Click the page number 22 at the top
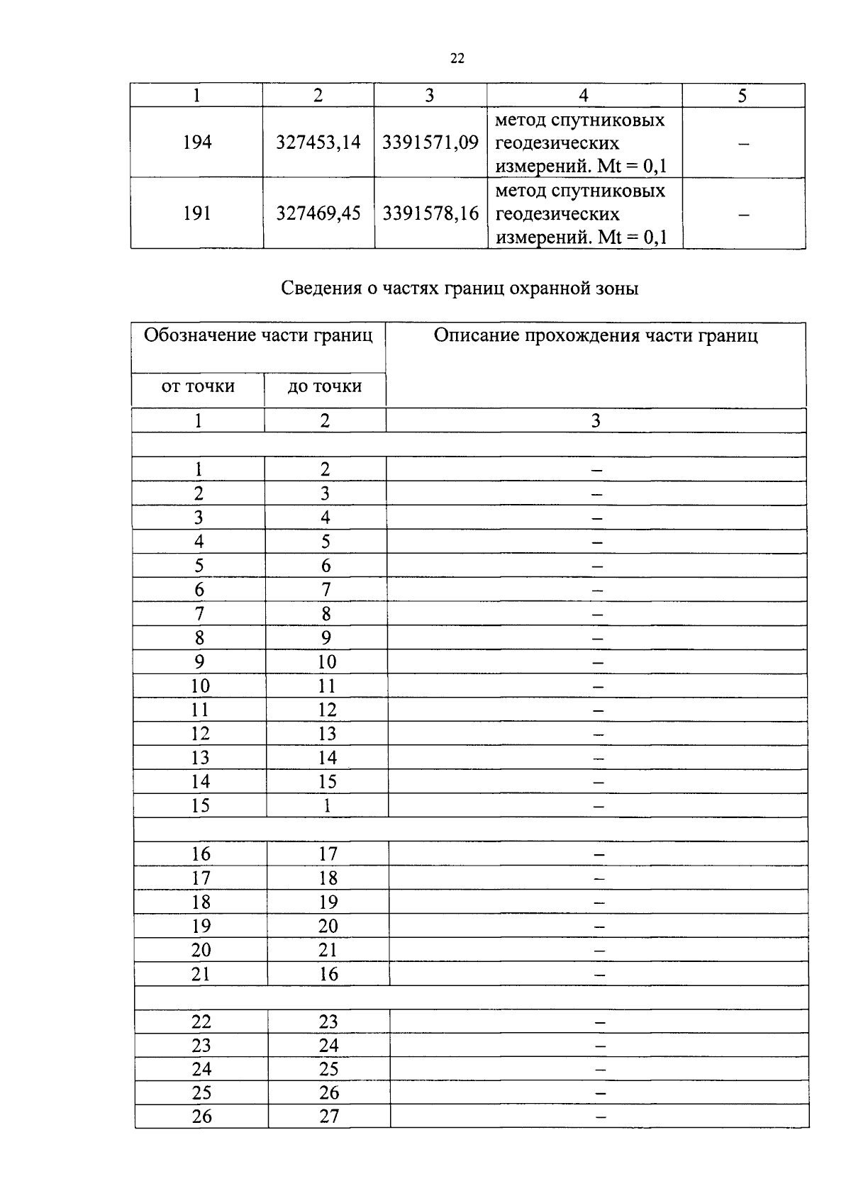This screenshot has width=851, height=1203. pos(457,59)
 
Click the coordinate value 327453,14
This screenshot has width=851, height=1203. pos(318,142)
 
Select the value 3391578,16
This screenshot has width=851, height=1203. pos(430,213)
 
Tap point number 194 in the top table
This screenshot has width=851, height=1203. pos(196,142)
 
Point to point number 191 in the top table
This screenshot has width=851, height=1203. pos(196,213)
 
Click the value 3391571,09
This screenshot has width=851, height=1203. pos(430,142)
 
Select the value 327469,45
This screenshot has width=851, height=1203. pos(318,213)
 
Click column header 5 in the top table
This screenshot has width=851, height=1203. pos(742,96)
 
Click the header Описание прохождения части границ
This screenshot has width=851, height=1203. pos(596,335)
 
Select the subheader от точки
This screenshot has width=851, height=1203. pos(198,386)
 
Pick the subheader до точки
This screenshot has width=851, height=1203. pos(325,386)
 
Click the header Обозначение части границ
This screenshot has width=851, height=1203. pos(258,335)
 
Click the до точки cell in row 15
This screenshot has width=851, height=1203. pos(327,805)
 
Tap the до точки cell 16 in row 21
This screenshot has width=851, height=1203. pos(328,974)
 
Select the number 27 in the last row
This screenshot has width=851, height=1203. pos(329,1117)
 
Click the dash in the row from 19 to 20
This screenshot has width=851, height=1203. pos(599,927)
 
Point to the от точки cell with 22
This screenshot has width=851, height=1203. pos(201,1022)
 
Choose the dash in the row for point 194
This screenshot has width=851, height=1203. pos(743,144)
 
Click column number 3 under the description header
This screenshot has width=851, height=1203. pos(596,421)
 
